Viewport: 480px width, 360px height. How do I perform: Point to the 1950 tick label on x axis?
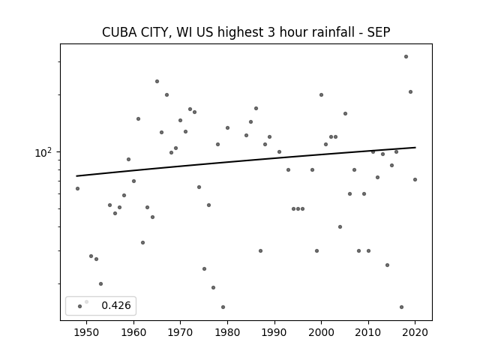click(x=87, y=332)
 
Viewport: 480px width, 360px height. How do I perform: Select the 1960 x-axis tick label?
click(x=133, y=332)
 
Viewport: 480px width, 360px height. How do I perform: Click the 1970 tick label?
click(x=180, y=332)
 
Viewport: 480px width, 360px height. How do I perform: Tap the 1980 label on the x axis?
click(x=227, y=332)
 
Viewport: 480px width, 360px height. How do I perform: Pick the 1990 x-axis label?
click(x=274, y=332)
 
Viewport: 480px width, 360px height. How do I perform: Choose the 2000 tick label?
click(x=321, y=332)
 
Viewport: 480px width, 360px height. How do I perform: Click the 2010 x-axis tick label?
click(x=368, y=332)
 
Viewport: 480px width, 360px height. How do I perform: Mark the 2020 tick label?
click(x=415, y=332)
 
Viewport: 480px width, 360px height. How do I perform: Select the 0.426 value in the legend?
click(x=116, y=305)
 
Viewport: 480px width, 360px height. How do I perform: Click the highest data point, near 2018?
click(x=406, y=57)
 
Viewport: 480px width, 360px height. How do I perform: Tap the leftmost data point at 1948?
click(x=77, y=188)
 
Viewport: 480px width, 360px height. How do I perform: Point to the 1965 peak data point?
click(x=157, y=82)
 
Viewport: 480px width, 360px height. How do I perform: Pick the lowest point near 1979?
click(x=223, y=307)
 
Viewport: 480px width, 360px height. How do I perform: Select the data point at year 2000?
click(x=321, y=95)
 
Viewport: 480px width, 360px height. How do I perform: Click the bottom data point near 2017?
click(x=401, y=307)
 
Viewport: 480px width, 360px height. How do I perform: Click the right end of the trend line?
click(x=415, y=148)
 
